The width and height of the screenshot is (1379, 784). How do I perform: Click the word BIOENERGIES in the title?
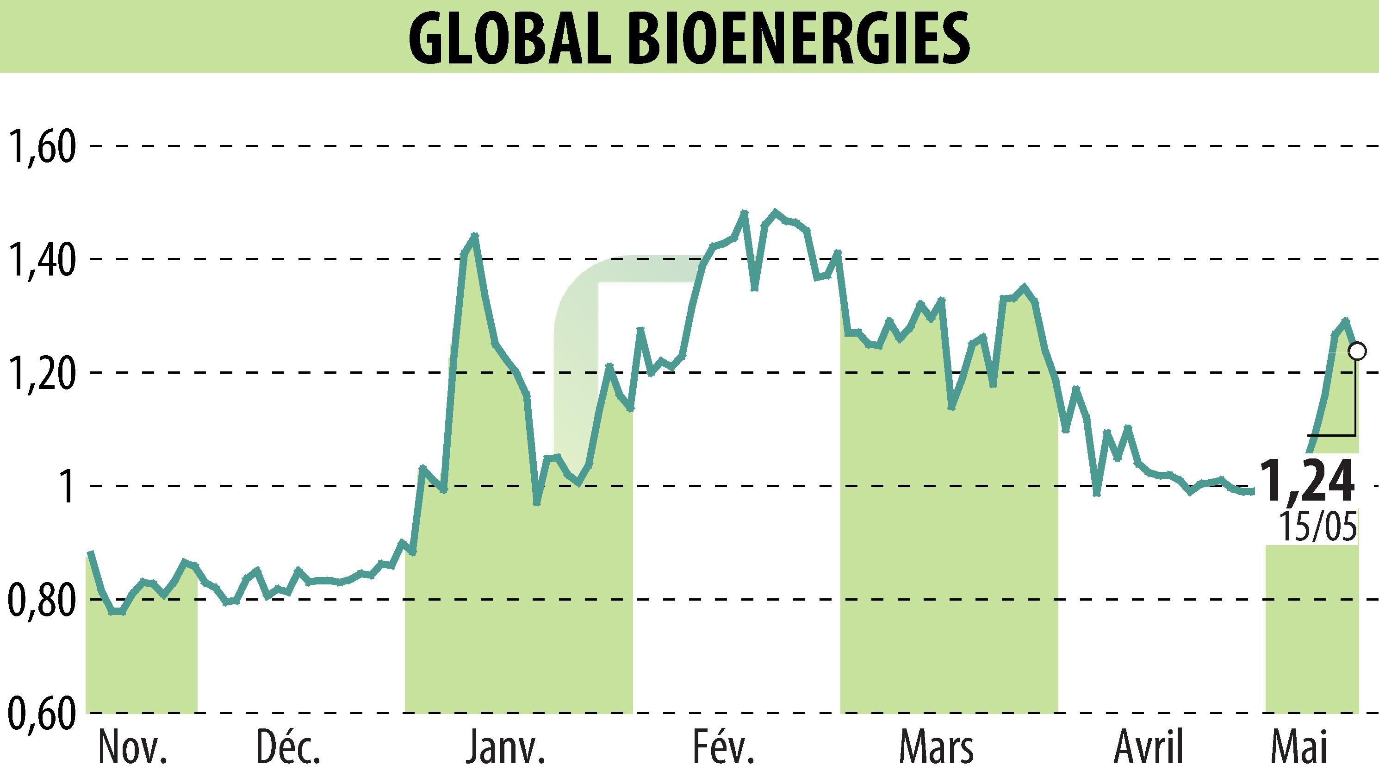799,38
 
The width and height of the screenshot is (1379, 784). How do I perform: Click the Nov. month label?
133,747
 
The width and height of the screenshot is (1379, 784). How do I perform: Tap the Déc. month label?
288,747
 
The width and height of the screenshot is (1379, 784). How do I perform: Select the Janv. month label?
505,747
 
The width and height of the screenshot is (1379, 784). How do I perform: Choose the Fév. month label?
723,747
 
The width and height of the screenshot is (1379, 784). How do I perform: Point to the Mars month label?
937,747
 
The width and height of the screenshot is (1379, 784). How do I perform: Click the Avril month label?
1148,747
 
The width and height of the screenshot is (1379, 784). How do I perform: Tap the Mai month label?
1298,747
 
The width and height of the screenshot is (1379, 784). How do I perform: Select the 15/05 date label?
1317,527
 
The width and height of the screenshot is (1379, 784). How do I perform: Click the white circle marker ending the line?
1357,351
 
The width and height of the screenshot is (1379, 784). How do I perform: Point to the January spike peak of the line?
474,235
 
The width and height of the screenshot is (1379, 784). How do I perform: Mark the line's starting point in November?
90,552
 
